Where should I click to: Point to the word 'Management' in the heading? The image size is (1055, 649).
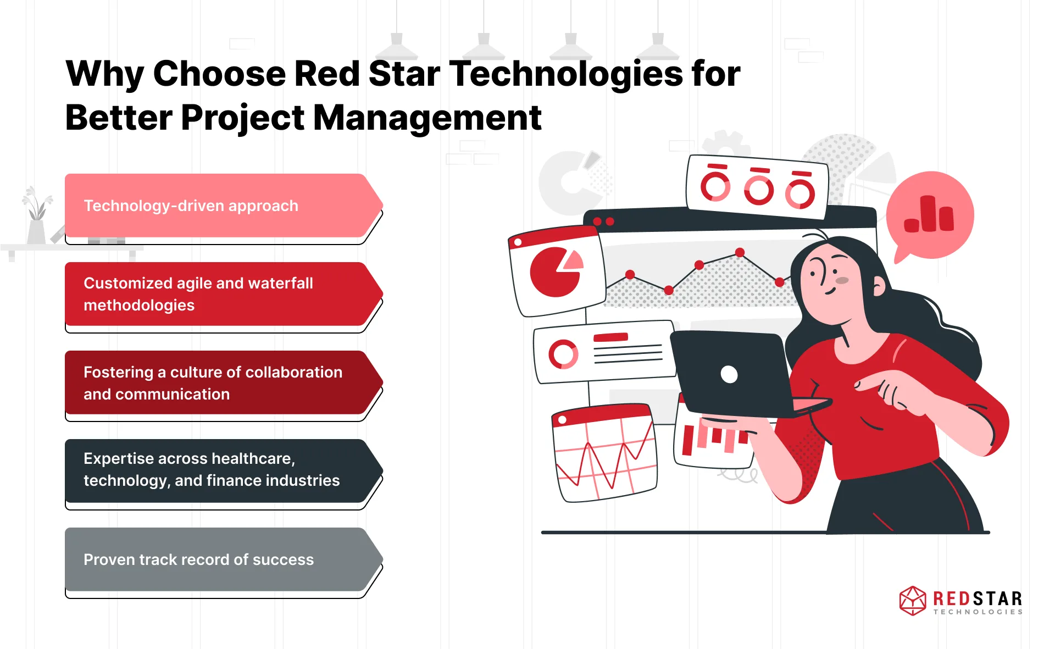pos(427,119)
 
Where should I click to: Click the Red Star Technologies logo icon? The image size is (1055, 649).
pos(913,601)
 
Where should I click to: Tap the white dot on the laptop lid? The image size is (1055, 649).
pos(729,374)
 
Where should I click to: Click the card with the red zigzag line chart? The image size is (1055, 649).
pos(604,453)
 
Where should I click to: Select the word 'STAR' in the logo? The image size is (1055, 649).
pos(996,598)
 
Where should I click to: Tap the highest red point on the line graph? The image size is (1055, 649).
pos(740,252)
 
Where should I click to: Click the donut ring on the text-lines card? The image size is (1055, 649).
pos(563,354)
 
